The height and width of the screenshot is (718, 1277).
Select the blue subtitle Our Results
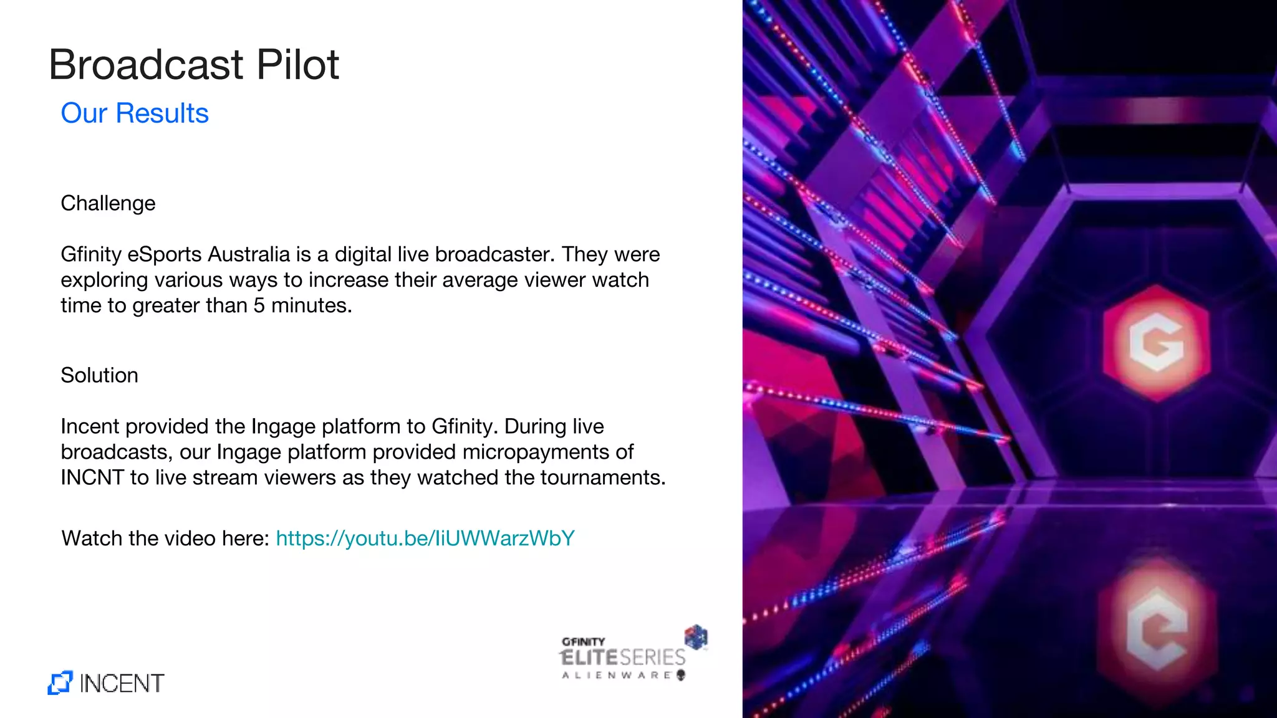[135, 113]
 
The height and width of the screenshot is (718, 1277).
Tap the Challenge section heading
[108, 203]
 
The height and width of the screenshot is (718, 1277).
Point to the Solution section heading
[99, 375]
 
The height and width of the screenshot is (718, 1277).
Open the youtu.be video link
[425, 538]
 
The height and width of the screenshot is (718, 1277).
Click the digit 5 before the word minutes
[259, 305]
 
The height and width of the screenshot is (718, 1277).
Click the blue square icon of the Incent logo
[60, 683]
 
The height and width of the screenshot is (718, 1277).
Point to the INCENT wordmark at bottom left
[122, 684]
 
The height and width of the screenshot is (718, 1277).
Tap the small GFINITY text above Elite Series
[583, 641]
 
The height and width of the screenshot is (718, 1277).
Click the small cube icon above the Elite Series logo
[696, 636]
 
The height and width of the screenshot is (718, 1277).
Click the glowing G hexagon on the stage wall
[1157, 342]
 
